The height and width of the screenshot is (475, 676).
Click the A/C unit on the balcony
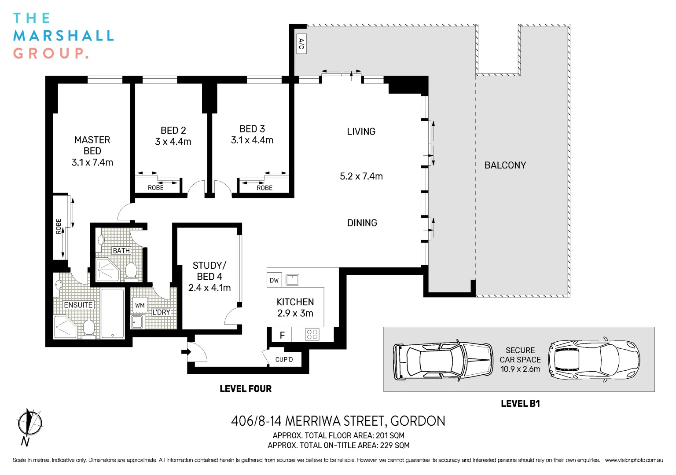point(301,44)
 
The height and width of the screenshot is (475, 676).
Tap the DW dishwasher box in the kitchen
point(274,280)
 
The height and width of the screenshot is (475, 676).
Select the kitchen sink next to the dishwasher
point(292,280)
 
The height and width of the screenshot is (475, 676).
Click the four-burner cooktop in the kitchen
point(312,334)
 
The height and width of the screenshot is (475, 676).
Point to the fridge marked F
point(282,335)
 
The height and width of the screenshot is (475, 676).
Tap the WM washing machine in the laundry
point(140,306)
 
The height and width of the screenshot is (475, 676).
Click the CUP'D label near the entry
point(284,359)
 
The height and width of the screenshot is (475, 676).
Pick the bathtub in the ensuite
point(113,314)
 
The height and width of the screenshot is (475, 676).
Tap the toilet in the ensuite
point(89,329)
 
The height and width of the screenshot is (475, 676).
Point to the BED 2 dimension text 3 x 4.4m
point(173,142)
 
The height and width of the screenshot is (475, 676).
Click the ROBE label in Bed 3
point(265,188)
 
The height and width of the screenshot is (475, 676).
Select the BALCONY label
point(505,165)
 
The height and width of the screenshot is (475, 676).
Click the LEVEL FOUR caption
point(246,389)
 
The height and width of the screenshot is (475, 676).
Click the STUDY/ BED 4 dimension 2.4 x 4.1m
point(209,288)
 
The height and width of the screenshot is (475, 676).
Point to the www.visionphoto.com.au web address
point(634,460)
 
